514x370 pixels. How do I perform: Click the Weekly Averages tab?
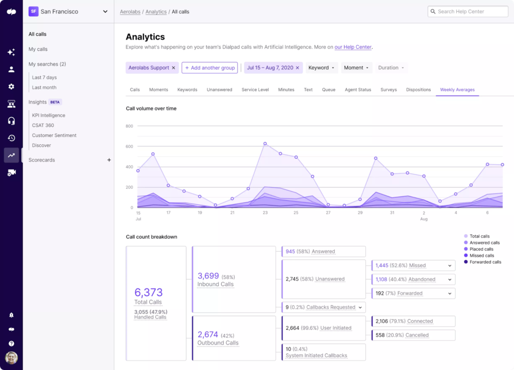457,89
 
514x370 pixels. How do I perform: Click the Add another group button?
209,68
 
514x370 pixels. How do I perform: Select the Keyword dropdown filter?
321,68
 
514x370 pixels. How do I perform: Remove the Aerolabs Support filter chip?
174,68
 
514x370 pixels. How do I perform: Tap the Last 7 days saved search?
44,77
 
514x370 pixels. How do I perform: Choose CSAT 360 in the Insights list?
43,125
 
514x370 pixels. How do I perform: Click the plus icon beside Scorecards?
109,160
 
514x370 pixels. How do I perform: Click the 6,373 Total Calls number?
148,293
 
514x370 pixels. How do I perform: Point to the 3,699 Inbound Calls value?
208,276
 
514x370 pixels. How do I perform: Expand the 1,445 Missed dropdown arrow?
449,265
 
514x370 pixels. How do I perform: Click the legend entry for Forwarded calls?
485,262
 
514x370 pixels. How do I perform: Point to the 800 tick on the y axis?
129,126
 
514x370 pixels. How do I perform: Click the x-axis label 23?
265,213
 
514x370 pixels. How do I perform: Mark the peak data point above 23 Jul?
265,144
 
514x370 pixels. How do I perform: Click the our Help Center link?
353,47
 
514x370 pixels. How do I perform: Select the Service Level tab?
255,89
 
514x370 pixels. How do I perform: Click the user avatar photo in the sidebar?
11,357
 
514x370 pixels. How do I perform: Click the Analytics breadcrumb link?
156,12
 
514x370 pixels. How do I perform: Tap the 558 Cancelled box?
413,335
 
